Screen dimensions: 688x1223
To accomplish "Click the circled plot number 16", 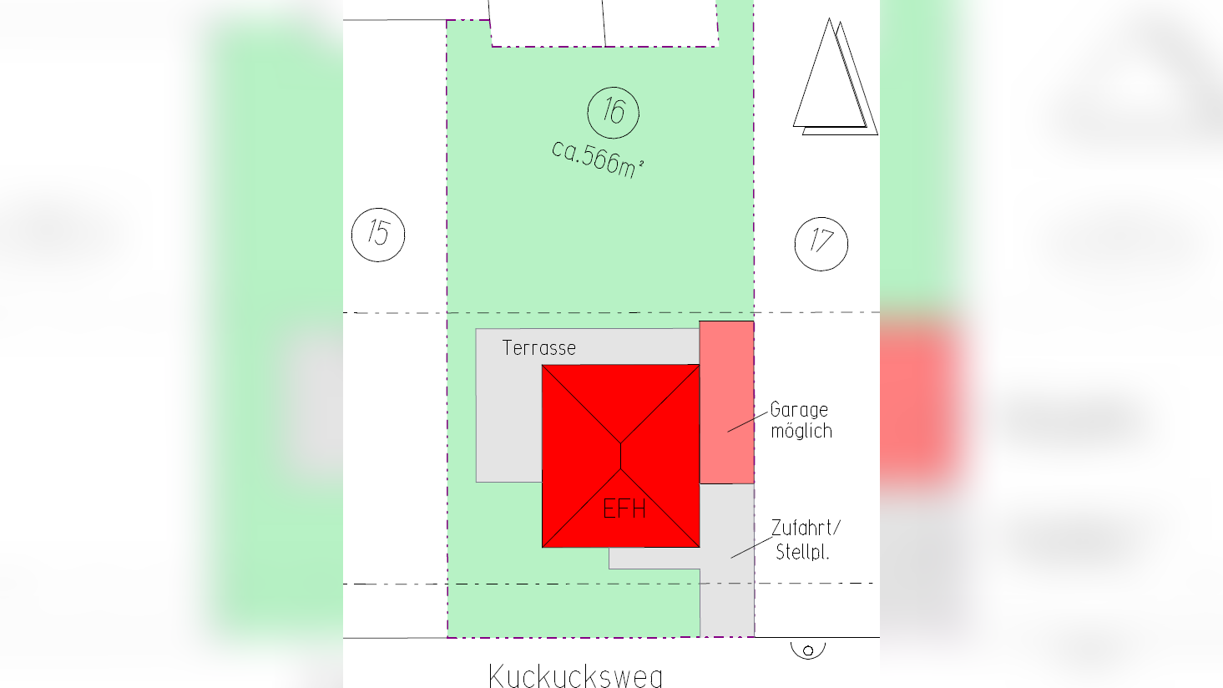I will pos(614,112).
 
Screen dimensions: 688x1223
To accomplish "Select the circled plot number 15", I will pos(378,235).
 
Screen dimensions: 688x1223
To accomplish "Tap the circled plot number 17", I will pos(821,244).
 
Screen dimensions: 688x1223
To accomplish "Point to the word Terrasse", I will pos(539,348).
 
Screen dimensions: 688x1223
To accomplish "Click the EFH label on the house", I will pos(624,508).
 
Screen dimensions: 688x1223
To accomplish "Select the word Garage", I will pos(799,410).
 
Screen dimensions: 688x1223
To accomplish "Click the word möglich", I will pos(801,432).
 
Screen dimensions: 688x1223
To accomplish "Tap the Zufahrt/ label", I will pos(806,529).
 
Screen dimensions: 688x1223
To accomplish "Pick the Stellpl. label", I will pos(802,552).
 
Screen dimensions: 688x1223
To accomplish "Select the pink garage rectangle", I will pos(726,402).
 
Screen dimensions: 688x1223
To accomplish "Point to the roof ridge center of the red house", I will pos(621,456).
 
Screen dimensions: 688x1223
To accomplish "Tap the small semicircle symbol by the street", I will pos(808,650).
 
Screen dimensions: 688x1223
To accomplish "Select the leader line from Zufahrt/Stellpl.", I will pos(750,548).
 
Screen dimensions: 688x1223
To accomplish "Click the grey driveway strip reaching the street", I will pos(726,601).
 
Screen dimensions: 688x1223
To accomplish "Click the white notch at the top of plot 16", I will pos(603,23).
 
